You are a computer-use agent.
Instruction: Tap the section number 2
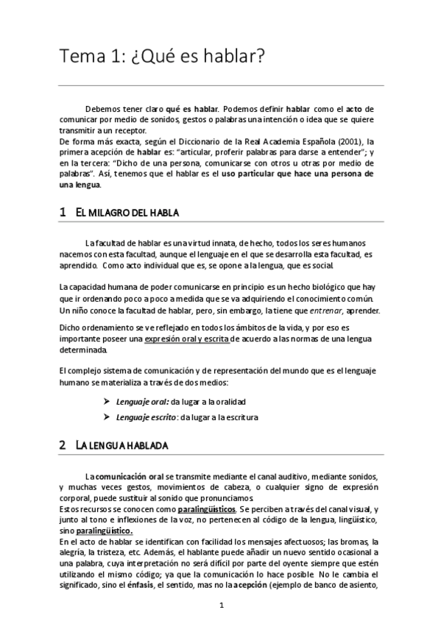tap(63, 446)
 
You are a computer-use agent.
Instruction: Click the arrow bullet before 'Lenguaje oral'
tap(107, 402)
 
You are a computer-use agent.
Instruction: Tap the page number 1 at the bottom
tap(221, 606)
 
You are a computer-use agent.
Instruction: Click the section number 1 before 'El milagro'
tap(63, 213)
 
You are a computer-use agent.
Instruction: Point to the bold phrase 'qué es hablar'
tap(191, 108)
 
